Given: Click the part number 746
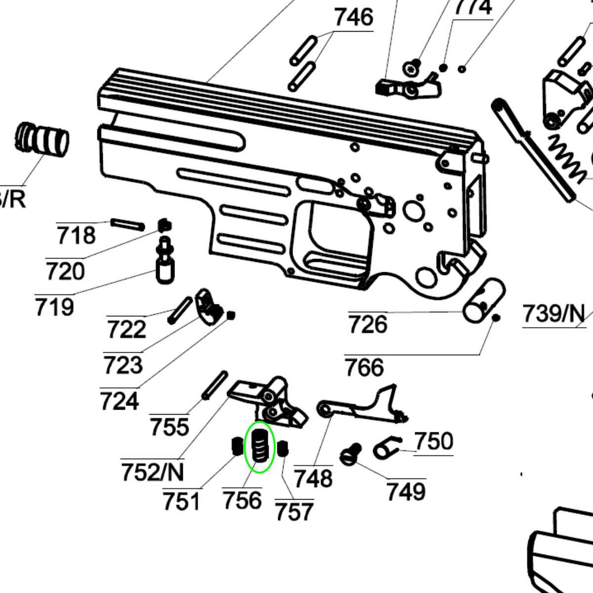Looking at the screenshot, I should tap(353, 18).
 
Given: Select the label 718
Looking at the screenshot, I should tap(76, 235).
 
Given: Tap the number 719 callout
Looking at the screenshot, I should tap(54, 307).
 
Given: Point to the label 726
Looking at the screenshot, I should tap(368, 325).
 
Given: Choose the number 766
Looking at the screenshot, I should tap(364, 368).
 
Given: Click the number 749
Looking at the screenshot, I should tap(406, 491).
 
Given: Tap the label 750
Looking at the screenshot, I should tap(433, 441).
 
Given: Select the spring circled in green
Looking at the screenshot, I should tap(260, 447).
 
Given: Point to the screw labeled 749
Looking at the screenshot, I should tap(350, 454).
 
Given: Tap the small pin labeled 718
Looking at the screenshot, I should tap(128, 224).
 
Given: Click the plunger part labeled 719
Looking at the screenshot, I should tap(166, 262).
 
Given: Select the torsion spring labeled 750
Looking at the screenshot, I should tap(387, 447).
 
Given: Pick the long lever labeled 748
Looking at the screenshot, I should tap(361, 402).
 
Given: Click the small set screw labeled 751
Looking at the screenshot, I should tap(237, 447).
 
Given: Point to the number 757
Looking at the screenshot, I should tap(294, 511).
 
